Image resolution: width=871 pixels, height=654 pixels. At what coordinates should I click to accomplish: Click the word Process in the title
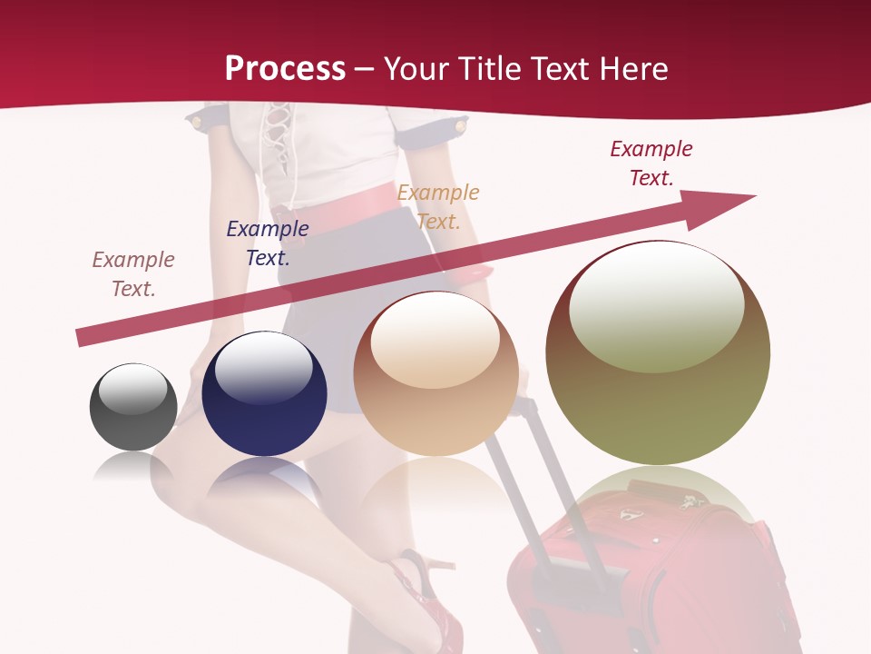[285, 68]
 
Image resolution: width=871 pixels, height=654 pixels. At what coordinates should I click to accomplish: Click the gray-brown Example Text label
[133, 273]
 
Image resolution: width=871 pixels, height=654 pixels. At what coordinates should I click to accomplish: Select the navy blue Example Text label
[268, 243]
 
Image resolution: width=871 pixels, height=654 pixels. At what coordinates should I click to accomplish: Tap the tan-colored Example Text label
[438, 206]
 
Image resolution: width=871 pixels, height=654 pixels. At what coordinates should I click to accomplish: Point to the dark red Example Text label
[651, 163]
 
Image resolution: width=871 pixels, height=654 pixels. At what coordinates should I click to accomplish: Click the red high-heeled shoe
[422, 590]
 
